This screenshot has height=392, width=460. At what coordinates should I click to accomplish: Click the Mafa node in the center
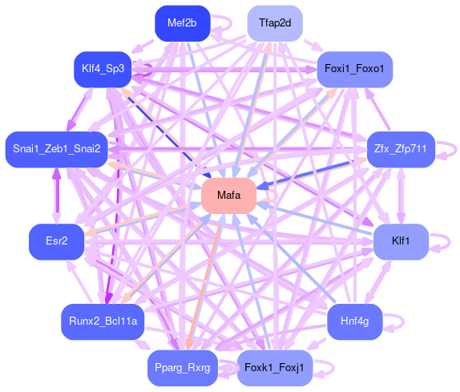coord(229,196)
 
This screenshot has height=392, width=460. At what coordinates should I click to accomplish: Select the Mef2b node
coord(183,23)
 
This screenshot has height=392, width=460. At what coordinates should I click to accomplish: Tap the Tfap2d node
coord(275,23)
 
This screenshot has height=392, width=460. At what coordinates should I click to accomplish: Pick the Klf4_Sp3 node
coord(103,69)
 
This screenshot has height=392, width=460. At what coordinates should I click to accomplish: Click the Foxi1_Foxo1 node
coord(355,69)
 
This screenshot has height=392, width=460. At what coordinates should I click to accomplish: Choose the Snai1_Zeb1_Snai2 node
coord(57,149)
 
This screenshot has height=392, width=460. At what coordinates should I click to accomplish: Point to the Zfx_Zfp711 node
coord(401,149)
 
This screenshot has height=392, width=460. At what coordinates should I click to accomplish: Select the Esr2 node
coord(57,241)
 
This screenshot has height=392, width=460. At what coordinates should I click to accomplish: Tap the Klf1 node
coord(401,241)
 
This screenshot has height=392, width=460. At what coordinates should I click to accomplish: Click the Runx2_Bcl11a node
coord(103,321)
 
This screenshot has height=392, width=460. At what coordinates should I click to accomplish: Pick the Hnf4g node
coord(355,321)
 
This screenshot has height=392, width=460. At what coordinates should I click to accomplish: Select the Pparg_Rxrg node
coord(183,368)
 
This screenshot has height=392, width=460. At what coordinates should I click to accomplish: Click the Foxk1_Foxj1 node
coord(275,368)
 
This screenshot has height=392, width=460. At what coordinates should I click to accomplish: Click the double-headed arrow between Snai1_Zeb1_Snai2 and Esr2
coord(57,196)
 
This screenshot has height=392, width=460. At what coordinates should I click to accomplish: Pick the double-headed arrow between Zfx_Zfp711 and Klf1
coord(401,196)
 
